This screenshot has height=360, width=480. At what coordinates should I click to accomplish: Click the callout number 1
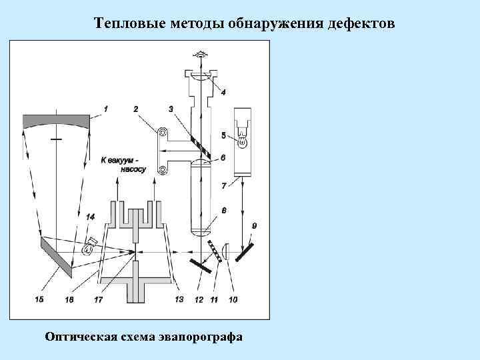(x=105, y=108)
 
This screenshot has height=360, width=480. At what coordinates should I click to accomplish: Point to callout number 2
(x=136, y=109)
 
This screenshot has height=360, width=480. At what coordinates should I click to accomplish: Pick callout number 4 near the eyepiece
(x=223, y=92)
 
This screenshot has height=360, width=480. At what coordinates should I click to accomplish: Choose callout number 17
(x=98, y=300)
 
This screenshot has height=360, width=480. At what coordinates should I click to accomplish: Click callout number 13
(x=179, y=300)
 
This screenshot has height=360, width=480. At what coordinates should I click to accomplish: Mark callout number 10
(x=233, y=300)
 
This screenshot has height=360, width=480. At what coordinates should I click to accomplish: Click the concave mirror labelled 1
(x=56, y=121)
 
